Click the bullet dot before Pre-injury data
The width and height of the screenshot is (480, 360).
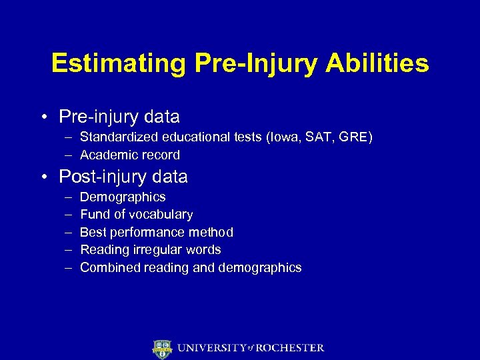[x=43, y=117]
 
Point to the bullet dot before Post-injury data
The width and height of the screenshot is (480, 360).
[x=43, y=177]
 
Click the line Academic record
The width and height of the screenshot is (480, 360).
[x=130, y=155]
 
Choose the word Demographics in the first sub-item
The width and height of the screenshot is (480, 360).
[x=123, y=197]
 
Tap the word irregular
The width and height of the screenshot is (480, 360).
[x=155, y=250]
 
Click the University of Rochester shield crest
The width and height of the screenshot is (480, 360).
[x=162, y=348]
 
